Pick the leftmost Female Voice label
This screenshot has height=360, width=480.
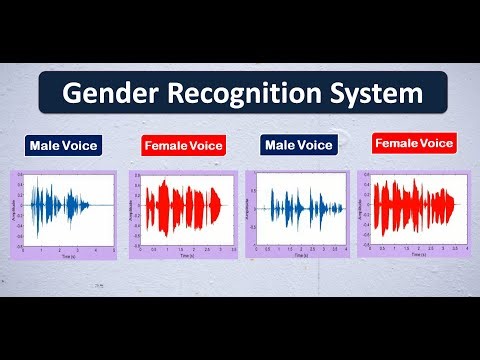point(184,146)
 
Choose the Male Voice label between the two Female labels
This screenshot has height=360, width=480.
point(297,146)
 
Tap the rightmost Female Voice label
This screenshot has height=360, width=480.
point(413,143)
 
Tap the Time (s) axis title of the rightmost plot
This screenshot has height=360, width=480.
point(410,254)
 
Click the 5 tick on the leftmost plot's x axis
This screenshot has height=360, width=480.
point(113,250)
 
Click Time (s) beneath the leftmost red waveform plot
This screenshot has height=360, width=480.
point(187,255)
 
